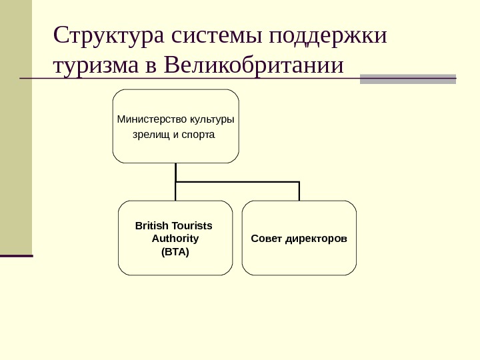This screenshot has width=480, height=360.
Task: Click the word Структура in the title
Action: [x=109, y=35]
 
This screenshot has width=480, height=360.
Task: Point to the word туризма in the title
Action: [x=97, y=67]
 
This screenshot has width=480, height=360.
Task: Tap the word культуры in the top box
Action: [x=212, y=120]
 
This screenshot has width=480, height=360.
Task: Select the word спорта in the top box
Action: [x=198, y=135]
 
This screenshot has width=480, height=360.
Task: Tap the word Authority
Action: [x=175, y=238]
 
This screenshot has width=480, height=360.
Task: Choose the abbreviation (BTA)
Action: [x=175, y=252]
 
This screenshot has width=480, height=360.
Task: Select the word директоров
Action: [x=316, y=238]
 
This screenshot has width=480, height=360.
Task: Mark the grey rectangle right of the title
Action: [x=407, y=79]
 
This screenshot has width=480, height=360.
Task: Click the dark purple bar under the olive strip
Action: [x=16, y=255]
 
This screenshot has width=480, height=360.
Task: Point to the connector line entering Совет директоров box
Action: [x=299, y=191]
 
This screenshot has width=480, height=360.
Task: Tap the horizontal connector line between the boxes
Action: [x=237, y=181]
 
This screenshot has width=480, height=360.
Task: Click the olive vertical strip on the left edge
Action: [x=16, y=127]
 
